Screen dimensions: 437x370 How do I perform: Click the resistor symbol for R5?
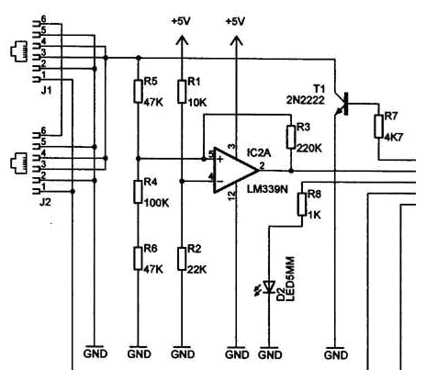138,91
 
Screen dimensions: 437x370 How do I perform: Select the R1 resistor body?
182,92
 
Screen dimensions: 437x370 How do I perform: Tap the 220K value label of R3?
309,149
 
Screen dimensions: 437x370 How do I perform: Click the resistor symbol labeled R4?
138,192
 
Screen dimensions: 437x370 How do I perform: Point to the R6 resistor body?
138,259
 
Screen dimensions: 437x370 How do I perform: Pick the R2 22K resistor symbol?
182,259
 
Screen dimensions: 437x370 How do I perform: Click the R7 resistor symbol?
379,126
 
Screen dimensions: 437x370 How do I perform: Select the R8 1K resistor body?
302,204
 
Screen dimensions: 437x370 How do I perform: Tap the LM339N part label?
267,189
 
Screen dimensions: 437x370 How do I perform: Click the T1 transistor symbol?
342,104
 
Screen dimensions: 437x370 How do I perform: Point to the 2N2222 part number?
306,100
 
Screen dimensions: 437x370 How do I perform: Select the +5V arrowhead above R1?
182,40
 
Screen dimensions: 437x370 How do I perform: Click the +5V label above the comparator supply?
235,21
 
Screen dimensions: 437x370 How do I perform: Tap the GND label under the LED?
270,355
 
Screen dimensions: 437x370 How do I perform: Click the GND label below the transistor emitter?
336,355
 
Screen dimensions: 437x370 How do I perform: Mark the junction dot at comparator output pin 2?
291,171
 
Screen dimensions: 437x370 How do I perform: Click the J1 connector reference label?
46,91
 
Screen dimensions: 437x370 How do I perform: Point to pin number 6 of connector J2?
43,131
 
